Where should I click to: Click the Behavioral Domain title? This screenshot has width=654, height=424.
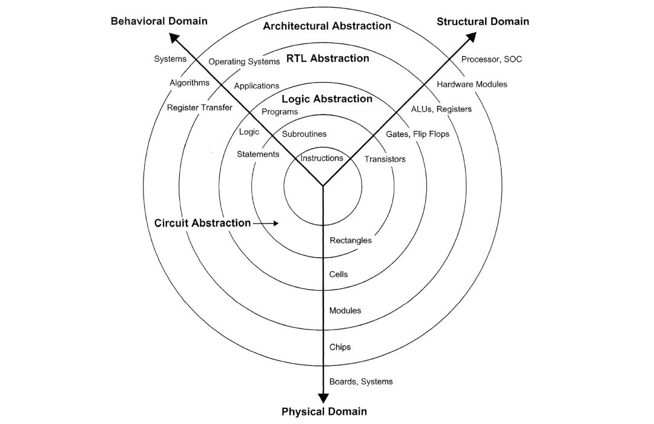click(x=159, y=21)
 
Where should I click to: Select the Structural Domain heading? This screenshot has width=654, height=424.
click(x=483, y=21)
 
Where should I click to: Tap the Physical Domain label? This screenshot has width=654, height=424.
click(x=324, y=411)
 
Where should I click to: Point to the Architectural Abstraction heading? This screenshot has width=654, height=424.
click(x=327, y=26)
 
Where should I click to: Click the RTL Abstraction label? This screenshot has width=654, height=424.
click(x=328, y=58)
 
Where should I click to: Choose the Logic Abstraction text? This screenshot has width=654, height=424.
click(x=327, y=99)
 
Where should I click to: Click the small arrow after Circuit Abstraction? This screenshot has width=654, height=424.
click(x=266, y=224)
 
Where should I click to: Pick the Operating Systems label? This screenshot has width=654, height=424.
click(x=244, y=62)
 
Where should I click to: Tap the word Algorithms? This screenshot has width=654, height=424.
click(x=190, y=82)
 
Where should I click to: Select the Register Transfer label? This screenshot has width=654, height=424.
click(x=199, y=108)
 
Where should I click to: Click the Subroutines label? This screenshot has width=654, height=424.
click(x=304, y=134)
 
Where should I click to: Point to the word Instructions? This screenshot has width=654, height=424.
click(x=322, y=158)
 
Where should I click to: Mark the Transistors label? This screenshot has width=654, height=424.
click(x=385, y=159)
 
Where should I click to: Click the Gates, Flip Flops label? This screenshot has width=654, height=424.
click(x=417, y=134)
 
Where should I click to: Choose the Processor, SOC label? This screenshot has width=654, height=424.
click(x=491, y=59)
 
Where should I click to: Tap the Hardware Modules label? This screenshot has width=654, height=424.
click(x=472, y=84)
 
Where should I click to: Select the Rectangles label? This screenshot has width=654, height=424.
click(x=351, y=240)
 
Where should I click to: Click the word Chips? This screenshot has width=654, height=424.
click(x=340, y=347)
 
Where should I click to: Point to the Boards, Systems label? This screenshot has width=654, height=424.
click(x=361, y=382)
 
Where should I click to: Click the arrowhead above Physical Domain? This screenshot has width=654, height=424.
click(x=323, y=398)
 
